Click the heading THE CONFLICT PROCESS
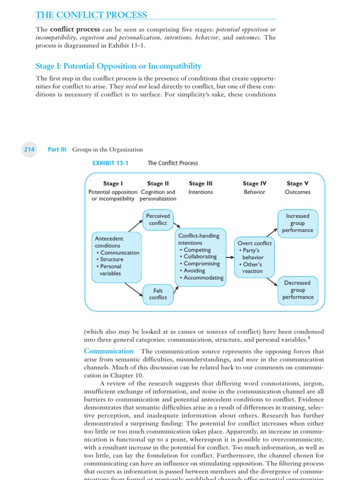(x=91, y=15)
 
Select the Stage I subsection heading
(x=119, y=66)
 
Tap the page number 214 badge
(x=30, y=150)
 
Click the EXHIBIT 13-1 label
(x=111, y=163)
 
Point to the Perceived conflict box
(x=158, y=219)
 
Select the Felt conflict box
(x=158, y=294)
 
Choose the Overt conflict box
(x=255, y=257)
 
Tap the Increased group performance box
(x=298, y=223)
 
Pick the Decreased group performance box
(x=298, y=290)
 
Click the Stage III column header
(x=201, y=184)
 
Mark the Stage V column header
(x=297, y=184)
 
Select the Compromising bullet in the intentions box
(x=201, y=263)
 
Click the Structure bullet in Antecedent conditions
(x=112, y=259)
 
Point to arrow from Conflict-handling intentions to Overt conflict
(x=230, y=257)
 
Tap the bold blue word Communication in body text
(x=109, y=351)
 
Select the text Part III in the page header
(x=57, y=150)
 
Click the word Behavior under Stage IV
(x=255, y=192)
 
